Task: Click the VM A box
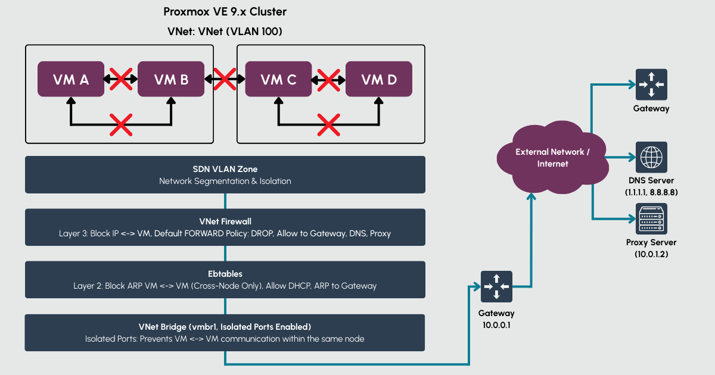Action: point(71,79)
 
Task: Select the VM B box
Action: point(171,79)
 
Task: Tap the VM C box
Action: point(278,79)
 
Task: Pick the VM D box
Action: point(379,79)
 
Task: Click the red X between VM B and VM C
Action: point(225,78)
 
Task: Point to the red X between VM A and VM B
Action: point(121,78)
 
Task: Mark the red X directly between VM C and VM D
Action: point(328,78)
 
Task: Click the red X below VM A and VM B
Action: point(121,125)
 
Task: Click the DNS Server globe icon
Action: point(651,158)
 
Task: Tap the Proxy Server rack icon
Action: point(651,219)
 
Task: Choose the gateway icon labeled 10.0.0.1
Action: point(496,287)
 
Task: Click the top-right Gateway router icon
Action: point(651,85)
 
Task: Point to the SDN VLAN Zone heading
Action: point(225,169)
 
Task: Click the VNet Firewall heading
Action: point(225,221)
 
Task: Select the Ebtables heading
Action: point(225,274)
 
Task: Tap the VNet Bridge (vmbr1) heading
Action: point(225,327)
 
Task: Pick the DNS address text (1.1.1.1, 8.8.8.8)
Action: point(651,192)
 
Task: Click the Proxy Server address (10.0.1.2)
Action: point(651,254)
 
